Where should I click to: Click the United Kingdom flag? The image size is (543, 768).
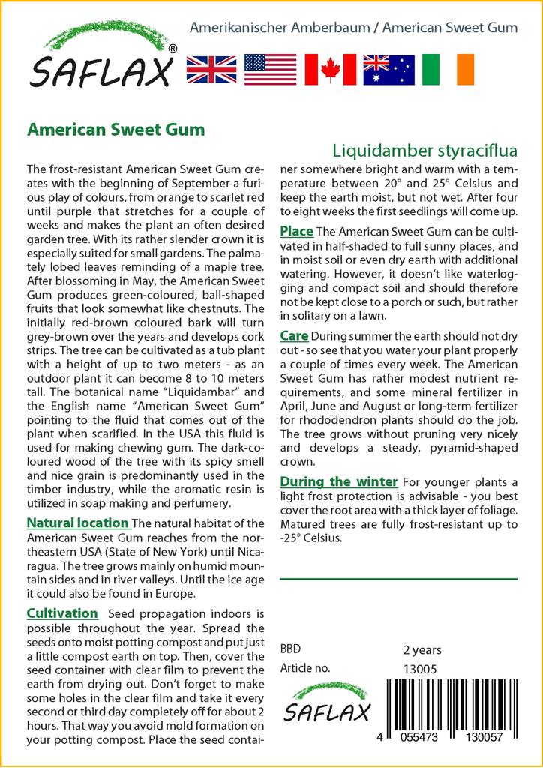click(211, 69)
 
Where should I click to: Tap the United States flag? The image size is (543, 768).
click(270, 69)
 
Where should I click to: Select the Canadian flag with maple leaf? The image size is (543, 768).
click(330, 69)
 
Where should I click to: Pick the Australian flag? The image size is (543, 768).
click(388, 69)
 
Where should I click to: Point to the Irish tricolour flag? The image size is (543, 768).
click(448, 69)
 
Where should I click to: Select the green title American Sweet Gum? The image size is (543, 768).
click(115, 129)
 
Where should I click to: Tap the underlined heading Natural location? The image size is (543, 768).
click(77, 523)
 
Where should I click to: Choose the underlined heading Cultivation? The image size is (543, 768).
click(62, 613)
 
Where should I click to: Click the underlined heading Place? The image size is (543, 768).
click(296, 230)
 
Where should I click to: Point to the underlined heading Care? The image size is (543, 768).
click(294, 335)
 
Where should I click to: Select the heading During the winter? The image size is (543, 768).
click(338, 481)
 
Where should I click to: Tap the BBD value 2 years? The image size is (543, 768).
click(422, 649)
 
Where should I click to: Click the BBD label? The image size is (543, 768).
click(290, 649)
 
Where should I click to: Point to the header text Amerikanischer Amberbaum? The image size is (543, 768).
click(280, 28)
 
